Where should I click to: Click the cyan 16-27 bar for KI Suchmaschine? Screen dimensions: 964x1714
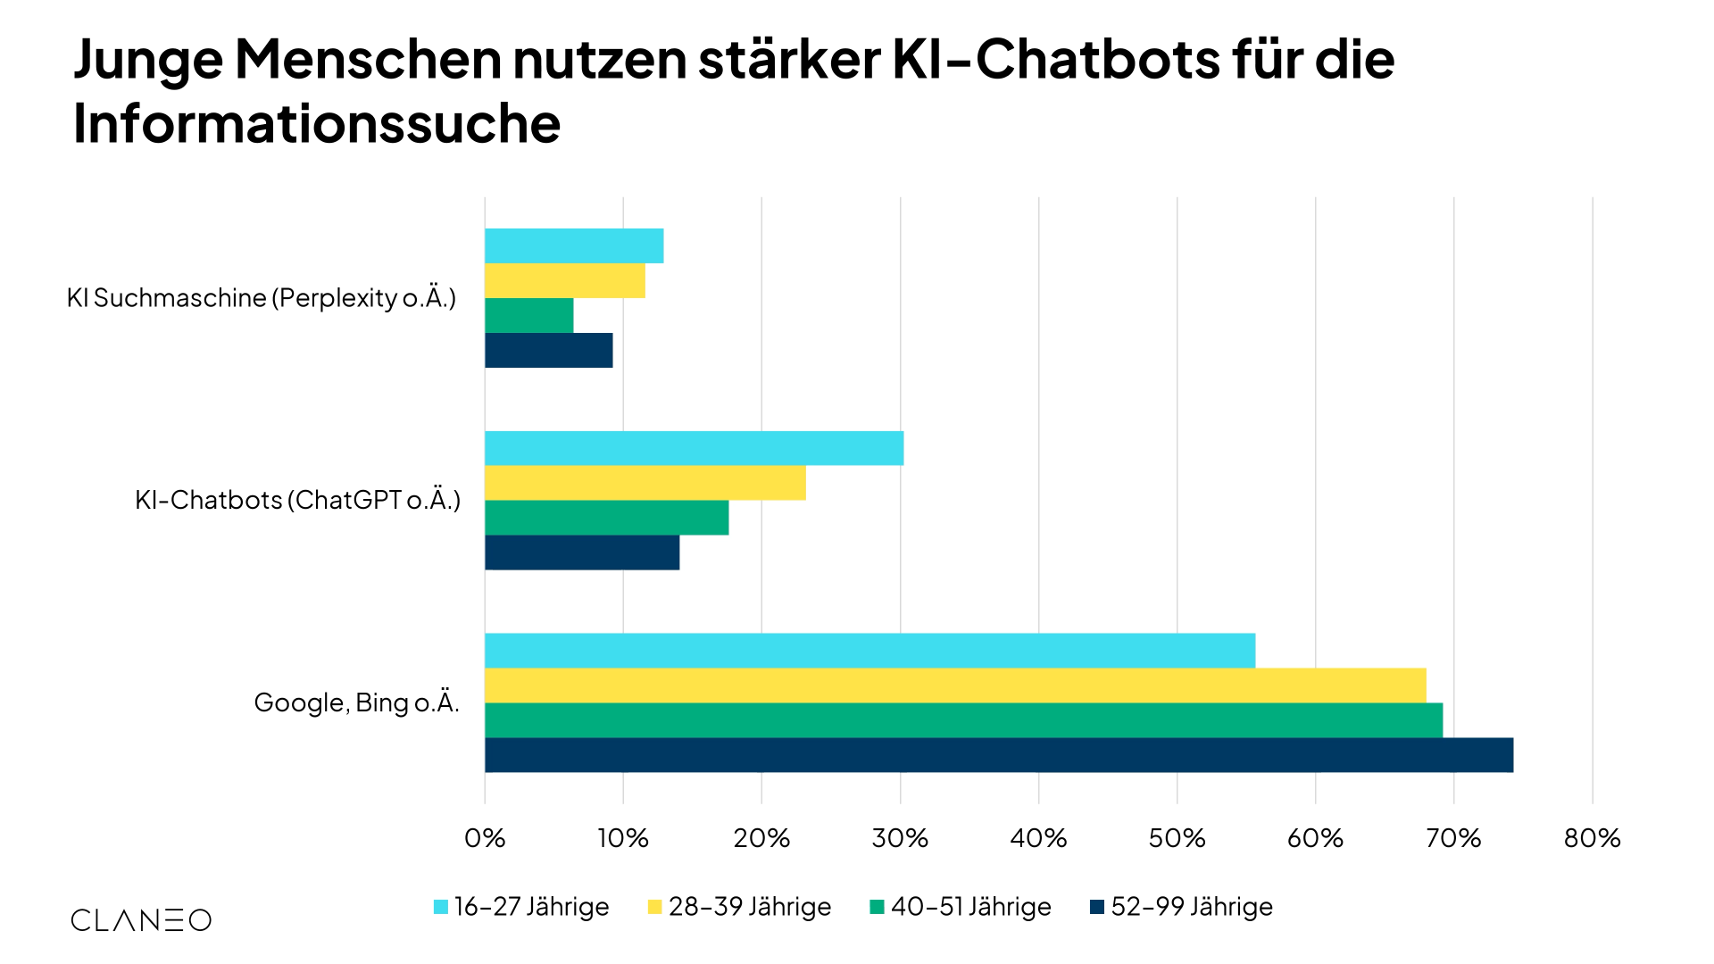pos(574,245)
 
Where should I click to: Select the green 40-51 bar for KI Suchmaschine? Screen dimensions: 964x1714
pos(529,315)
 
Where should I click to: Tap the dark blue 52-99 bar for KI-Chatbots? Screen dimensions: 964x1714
pos(582,553)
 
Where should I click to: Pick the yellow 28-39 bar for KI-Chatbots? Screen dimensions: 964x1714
pos(645,483)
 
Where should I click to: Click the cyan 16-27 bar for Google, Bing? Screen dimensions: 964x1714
pos(869,651)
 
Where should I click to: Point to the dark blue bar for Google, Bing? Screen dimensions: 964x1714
pos(999,755)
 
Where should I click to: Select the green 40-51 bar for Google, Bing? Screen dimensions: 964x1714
pos(963,720)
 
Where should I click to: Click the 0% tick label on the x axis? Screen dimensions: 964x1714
pos(485,838)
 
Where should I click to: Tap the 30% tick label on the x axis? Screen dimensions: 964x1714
pos(900,838)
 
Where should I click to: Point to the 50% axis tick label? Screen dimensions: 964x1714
pos(1177,838)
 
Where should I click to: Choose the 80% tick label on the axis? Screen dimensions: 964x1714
pos(1592,838)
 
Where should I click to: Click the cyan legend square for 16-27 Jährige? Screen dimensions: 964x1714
pos(441,907)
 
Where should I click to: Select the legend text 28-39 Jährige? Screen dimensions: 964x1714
pos(749,907)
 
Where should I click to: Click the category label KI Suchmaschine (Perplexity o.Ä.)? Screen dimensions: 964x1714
pos(262,297)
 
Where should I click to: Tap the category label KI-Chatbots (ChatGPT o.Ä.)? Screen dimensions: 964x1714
pos(297,500)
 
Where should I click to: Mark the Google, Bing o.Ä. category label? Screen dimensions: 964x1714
pos(356,702)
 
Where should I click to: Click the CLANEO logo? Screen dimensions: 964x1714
pos(141,920)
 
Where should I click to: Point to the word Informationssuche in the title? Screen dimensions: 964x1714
pos(317,123)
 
